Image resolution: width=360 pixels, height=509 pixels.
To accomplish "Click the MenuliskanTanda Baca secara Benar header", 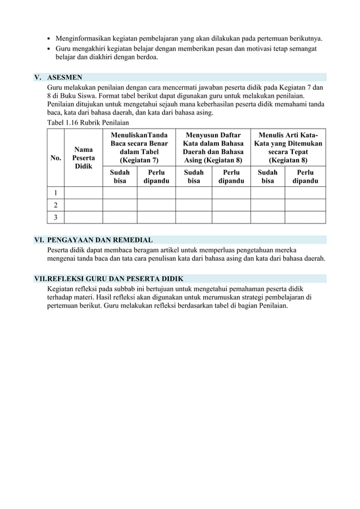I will (x=138, y=148).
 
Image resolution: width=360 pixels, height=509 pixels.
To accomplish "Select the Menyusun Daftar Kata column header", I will (x=212, y=148).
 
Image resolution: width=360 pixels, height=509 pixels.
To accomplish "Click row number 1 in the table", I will (x=56, y=194).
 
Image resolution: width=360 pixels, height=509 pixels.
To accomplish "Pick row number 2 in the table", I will (x=56, y=205).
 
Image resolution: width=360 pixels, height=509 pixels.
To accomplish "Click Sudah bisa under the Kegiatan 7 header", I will (x=120, y=177).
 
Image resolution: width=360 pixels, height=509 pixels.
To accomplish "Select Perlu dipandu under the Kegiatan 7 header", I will (x=156, y=177).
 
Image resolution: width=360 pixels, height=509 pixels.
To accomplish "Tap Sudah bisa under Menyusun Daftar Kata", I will (x=194, y=177).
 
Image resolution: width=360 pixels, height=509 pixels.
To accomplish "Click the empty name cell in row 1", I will (x=84, y=194).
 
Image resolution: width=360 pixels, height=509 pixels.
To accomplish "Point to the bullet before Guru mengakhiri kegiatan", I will (x=49, y=50).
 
